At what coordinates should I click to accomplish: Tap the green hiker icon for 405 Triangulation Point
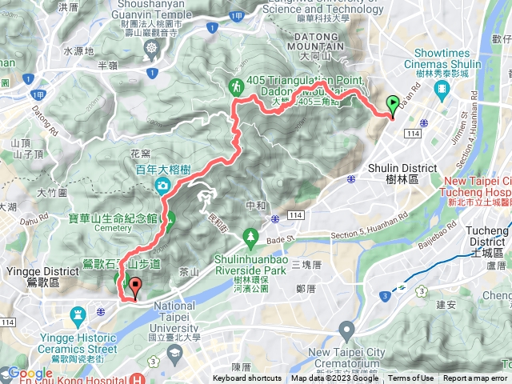[237, 86]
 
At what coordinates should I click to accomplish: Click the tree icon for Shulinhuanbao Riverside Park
[251, 236]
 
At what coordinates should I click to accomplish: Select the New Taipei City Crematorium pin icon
[346, 329]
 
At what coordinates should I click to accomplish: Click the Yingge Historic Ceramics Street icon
[78, 314]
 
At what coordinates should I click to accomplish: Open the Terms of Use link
[411, 378]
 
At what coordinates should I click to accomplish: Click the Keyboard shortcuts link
[248, 378]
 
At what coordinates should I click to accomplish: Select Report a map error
[475, 378]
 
